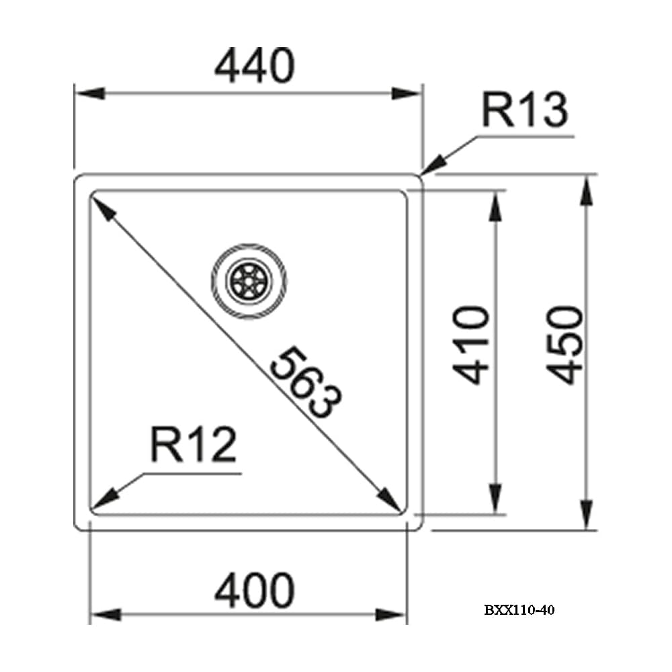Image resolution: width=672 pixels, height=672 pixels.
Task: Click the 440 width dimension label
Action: (255, 65)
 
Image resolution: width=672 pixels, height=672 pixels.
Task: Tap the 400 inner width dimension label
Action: (255, 591)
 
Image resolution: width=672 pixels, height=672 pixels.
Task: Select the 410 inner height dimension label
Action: (470, 345)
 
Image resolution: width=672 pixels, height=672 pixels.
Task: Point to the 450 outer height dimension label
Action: (565, 345)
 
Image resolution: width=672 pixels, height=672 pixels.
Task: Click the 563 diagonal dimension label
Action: (306, 382)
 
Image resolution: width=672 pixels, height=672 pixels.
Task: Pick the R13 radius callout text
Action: (525, 110)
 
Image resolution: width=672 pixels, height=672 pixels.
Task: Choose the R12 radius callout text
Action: (194, 444)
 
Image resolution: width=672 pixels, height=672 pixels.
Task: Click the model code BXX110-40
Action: (519, 610)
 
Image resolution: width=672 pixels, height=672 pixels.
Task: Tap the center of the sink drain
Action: (249, 281)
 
